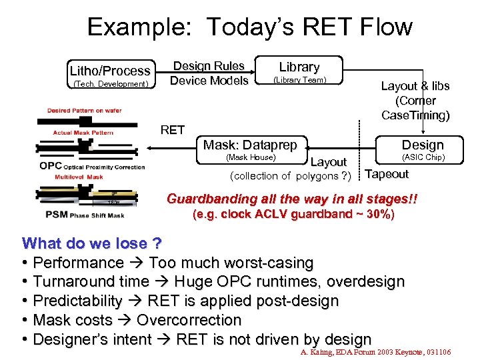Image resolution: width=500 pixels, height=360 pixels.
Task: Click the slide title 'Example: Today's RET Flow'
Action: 250,27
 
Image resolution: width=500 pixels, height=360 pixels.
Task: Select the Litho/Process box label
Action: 110,71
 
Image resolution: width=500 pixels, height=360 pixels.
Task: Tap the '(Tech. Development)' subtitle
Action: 110,84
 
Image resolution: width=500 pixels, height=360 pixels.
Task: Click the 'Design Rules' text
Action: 209,66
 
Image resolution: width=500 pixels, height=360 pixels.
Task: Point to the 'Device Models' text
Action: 209,81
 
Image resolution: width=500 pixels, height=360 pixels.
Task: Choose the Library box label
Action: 299,67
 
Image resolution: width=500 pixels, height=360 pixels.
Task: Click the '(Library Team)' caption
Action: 299,80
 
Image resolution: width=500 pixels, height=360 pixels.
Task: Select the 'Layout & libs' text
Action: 415,86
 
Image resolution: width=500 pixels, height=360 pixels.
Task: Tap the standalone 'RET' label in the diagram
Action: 173,130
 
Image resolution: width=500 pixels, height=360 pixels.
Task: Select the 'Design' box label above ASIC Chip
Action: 422,145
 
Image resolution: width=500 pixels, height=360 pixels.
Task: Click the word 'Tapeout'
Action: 387,175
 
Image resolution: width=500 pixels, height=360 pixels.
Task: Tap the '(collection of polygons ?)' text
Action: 290,176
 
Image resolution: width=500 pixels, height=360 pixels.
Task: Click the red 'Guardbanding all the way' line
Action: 292,199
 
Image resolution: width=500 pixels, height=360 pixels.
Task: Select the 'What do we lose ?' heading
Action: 83,243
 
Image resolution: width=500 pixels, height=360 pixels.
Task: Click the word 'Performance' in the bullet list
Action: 78,263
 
